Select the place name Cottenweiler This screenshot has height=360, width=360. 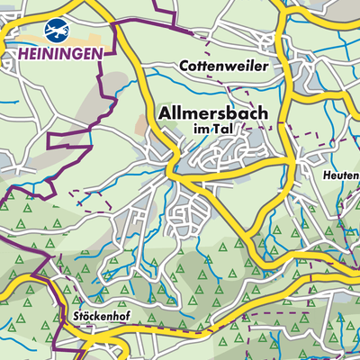pyautogui.click(x=224, y=67)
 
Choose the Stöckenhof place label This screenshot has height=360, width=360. pyautogui.click(x=102, y=318)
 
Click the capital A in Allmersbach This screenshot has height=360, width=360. pyautogui.click(x=165, y=114)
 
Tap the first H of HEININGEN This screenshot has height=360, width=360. pyautogui.click(x=22, y=55)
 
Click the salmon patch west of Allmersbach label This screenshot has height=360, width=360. pyautogui.click(x=144, y=117)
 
